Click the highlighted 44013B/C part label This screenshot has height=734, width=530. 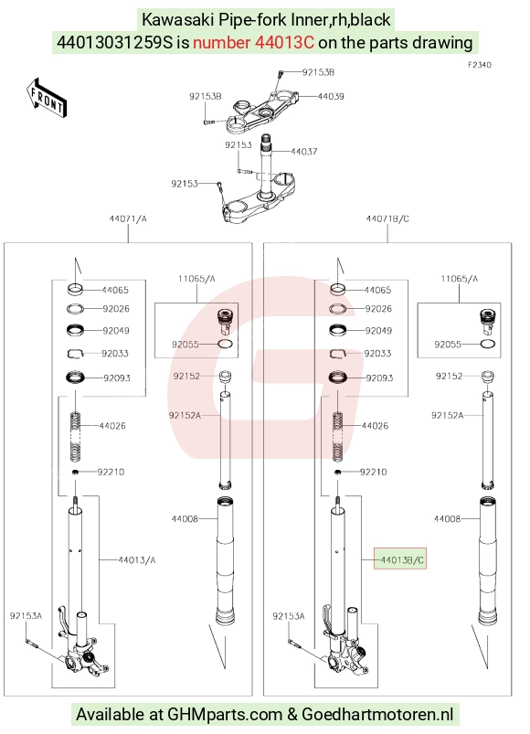pyautogui.click(x=400, y=559)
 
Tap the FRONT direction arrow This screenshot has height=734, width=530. pyautogui.click(x=47, y=99)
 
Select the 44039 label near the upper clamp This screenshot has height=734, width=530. pyautogui.click(x=331, y=96)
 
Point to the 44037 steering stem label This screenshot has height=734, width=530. pyautogui.click(x=304, y=151)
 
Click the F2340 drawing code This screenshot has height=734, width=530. pyautogui.click(x=480, y=65)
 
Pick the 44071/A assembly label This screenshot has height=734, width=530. pyautogui.click(x=128, y=218)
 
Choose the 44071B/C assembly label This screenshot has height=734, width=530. pyautogui.click(x=387, y=218)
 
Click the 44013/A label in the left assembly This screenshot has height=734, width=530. pyautogui.click(x=136, y=559)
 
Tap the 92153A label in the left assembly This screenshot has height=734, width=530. pyautogui.click(x=26, y=615)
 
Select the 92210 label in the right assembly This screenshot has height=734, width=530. pyautogui.click(x=374, y=472)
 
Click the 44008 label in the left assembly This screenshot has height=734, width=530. pyautogui.click(x=185, y=518)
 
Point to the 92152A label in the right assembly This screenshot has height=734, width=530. pyautogui.click(x=447, y=415)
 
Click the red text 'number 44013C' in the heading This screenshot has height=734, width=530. pyautogui.click(x=253, y=43)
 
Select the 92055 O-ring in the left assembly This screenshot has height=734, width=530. pyautogui.click(x=226, y=344)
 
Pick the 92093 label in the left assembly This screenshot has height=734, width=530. pyautogui.click(x=117, y=378)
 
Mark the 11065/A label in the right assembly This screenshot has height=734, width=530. pyautogui.click(x=460, y=279)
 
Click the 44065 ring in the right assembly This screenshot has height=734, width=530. pyautogui.click(x=338, y=290)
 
